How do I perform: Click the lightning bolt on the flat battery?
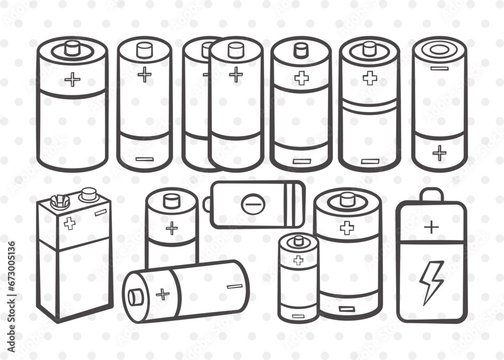(x=432, y=282)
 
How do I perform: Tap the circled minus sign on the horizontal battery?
(x=250, y=204)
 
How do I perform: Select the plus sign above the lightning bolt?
(x=431, y=227)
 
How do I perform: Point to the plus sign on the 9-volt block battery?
(x=70, y=223)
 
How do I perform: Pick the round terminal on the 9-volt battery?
(x=89, y=194)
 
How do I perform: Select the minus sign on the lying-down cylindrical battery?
(x=234, y=286)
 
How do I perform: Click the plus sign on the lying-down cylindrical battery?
(x=162, y=293)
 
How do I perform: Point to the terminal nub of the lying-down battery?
(x=135, y=296)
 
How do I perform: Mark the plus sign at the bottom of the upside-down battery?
(x=439, y=152)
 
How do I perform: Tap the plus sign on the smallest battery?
(x=298, y=260)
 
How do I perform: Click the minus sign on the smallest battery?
(x=298, y=316)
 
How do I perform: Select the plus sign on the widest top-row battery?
(x=72, y=79)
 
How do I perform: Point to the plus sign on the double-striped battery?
(x=369, y=78)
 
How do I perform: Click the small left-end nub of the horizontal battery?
(x=207, y=204)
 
